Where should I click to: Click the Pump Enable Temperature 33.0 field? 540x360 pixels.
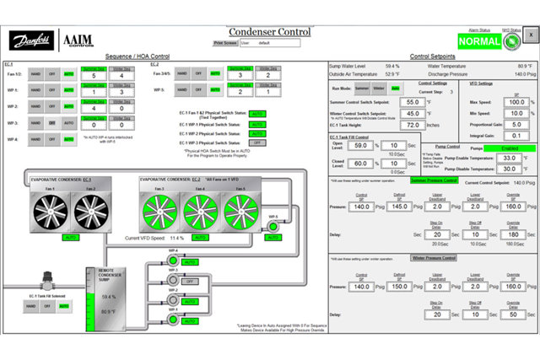508,158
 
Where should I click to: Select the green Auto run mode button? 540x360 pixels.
396,87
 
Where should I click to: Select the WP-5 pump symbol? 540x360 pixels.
273,227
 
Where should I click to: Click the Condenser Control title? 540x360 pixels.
269,31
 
